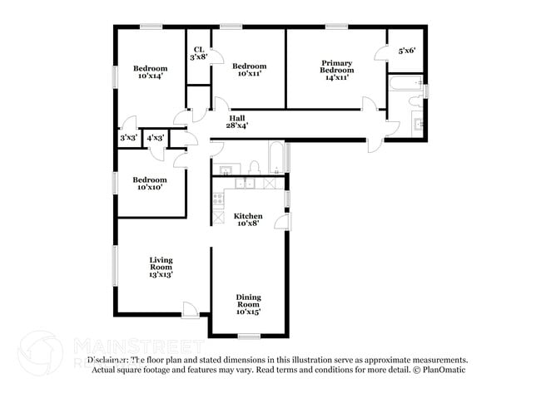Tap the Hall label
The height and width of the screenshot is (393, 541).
tap(237, 117)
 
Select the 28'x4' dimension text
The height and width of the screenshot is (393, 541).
tap(237, 125)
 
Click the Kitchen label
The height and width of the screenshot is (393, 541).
tap(248, 215)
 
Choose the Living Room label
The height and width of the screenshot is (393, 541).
tap(160, 263)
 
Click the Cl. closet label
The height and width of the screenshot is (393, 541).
tap(199, 49)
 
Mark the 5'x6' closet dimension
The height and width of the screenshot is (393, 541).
tap(406, 51)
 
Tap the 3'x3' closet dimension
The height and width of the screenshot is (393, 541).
tap(128, 137)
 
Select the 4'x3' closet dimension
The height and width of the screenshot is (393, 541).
tap(155, 137)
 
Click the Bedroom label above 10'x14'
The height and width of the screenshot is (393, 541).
tap(150, 68)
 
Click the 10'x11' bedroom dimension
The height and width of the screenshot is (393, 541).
tap(249, 74)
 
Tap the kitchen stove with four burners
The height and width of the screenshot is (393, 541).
tap(218, 199)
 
